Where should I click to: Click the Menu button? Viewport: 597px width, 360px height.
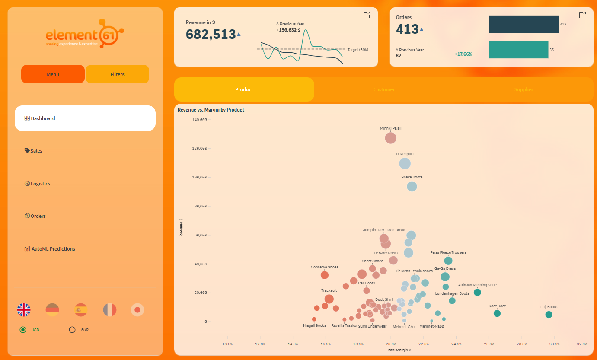pyautogui.click(x=53, y=74)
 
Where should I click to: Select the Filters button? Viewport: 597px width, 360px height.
pyautogui.click(x=117, y=74)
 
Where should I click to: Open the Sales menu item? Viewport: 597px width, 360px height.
pyautogui.click(x=36, y=151)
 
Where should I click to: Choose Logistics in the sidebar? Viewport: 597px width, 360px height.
pyautogui.click(x=40, y=184)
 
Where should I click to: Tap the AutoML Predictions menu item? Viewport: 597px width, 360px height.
pyautogui.click(x=53, y=249)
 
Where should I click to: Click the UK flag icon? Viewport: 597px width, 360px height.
pyautogui.click(x=24, y=309)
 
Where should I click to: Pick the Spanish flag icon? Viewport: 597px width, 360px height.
pyautogui.click(x=81, y=309)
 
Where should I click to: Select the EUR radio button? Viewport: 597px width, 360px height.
pyautogui.click(x=72, y=330)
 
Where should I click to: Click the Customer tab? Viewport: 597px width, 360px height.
pyautogui.click(x=384, y=89)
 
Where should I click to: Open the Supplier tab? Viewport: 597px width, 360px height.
pyautogui.click(x=524, y=89)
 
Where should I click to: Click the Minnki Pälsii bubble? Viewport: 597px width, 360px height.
pyautogui.click(x=391, y=138)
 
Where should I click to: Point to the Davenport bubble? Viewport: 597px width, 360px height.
pyautogui.click(x=405, y=163)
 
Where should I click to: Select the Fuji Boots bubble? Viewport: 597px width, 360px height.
pyautogui.click(x=549, y=315)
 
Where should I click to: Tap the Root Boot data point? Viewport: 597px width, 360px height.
pyautogui.click(x=497, y=313)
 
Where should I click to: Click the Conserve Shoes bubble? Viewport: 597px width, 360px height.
pyautogui.click(x=325, y=275)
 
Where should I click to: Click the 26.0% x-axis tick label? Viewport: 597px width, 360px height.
pyautogui.click(x=489, y=344)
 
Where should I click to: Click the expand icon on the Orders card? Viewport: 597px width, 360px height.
pyautogui.click(x=582, y=15)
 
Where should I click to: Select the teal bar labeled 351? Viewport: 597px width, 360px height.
pyautogui.click(x=518, y=50)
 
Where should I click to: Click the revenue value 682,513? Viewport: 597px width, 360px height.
pyautogui.click(x=211, y=34)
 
